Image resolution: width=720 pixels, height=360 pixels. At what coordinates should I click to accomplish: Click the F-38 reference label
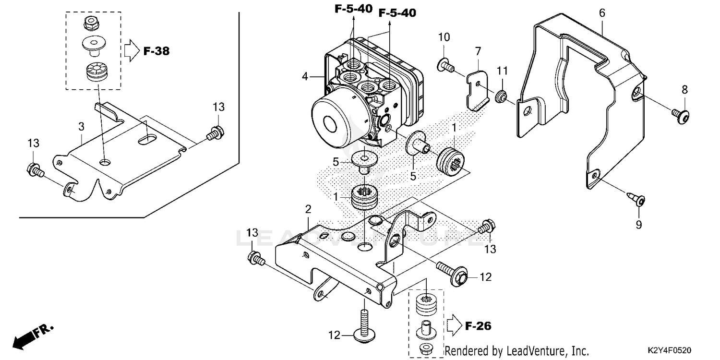[156, 51]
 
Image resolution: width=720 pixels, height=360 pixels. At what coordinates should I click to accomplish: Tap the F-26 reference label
[478, 326]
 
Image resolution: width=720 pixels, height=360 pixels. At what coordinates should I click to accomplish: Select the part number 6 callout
[601, 13]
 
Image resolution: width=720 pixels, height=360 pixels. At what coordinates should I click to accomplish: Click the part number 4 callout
[304, 76]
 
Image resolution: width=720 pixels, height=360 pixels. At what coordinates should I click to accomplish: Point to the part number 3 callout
[81, 127]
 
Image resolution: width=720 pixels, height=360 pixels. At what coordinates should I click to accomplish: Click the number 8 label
[684, 89]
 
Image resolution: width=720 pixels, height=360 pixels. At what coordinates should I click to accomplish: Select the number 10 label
[444, 37]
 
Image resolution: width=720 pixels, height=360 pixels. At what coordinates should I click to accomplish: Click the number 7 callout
[478, 50]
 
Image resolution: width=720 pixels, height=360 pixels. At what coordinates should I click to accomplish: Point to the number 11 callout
[502, 71]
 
